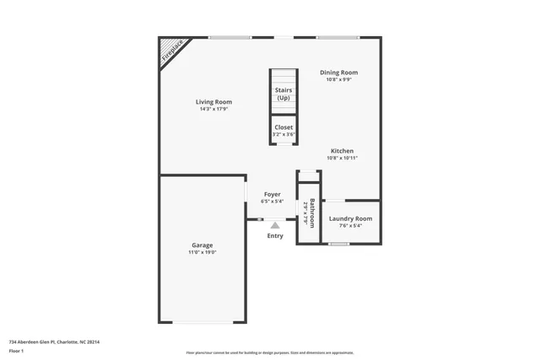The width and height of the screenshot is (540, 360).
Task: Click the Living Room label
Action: [213, 101]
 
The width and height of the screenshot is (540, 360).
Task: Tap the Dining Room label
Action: [338, 73]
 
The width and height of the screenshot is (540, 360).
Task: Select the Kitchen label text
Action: [341, 151]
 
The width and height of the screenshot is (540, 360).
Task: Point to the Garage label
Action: [202, 244]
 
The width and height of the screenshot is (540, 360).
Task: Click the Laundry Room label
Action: [350, 218]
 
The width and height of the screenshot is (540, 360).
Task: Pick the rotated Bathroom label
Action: [312, 208]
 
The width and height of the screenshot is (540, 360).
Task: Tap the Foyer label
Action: [272, 194]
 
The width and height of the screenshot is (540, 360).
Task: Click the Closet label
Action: [283, 127]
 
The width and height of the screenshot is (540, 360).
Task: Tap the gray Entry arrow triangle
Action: [275, 225]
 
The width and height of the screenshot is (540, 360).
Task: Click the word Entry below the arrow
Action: [275, 236]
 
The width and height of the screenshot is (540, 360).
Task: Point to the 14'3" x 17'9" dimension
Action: [213, 109]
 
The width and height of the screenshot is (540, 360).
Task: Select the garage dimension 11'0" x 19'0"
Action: [202, 252]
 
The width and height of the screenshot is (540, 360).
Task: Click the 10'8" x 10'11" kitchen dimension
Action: [341, 159]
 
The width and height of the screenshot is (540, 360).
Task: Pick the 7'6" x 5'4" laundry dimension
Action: [350, 226]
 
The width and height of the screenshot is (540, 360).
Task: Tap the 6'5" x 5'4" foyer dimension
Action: [272, 201]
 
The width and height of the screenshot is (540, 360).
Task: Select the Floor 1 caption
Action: [16, 352]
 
